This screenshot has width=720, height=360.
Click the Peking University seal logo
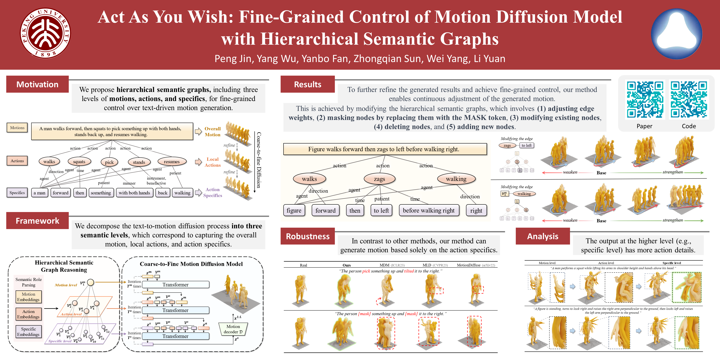click(45, 33)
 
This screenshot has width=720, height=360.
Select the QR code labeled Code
click(689, 100)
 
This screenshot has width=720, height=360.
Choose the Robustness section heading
click(307, 236)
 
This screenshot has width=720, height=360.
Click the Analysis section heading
click(542, 236)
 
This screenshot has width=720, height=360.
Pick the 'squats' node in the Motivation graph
click(79, 162)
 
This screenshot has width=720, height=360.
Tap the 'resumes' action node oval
click(172, 162)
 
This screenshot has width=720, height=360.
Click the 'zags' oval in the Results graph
click(379, 179)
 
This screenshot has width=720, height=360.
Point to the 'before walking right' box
click(429, 210)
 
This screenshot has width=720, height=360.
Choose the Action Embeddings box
click(28, 314)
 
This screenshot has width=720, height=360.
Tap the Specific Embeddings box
click(28, 332)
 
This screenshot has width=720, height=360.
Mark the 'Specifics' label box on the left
click(17, 192)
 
